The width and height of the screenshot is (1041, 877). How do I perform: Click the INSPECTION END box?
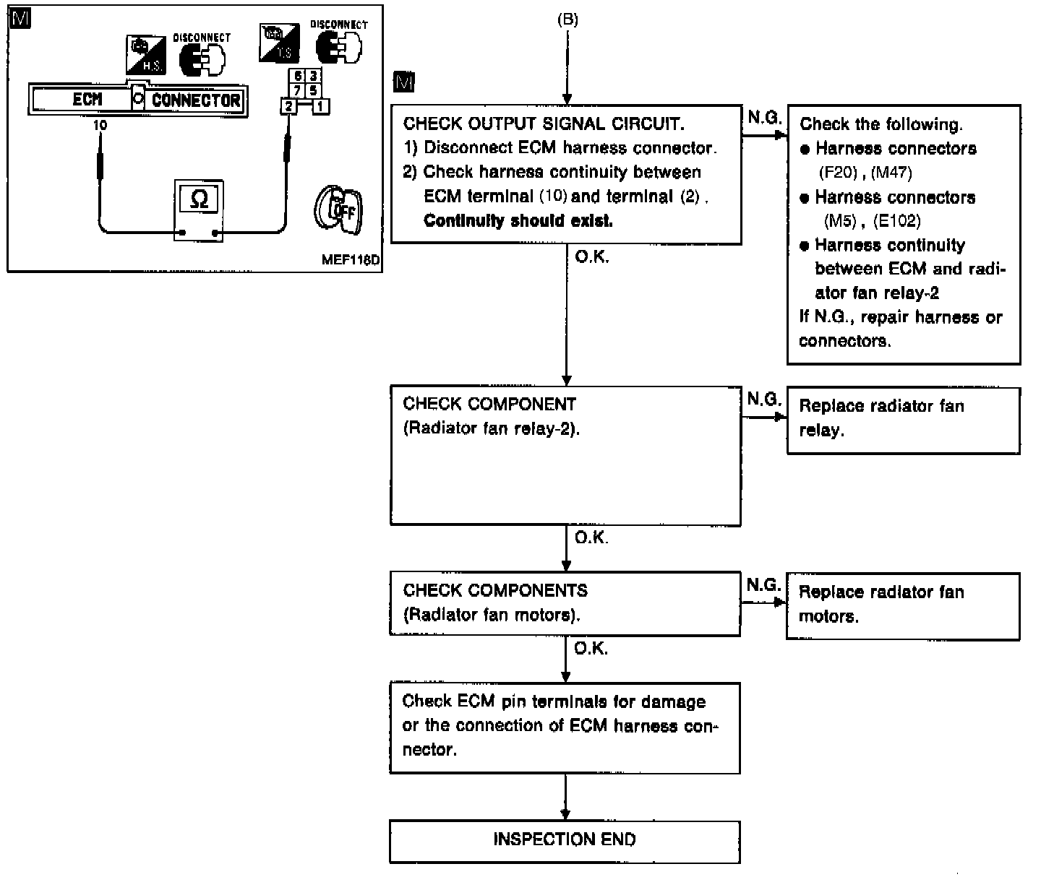coord(565,840)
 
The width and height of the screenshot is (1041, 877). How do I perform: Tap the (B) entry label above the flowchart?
coord(567,20)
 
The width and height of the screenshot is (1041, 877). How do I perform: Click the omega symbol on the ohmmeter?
coord(198,200)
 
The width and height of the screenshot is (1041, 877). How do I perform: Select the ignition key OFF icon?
coord(338,210)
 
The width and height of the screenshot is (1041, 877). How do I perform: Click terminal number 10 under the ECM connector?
coord(100,125)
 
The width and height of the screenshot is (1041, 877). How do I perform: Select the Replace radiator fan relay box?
coord(902,419)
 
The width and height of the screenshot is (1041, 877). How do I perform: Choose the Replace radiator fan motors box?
coord(902,605)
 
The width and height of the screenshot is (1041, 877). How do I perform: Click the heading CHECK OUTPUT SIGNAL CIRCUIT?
coord(542,124)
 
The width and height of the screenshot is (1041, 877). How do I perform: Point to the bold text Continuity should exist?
coord(518,221)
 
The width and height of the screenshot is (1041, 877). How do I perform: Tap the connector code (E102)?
coord(896,220)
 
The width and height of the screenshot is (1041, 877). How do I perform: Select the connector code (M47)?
coord(891,173)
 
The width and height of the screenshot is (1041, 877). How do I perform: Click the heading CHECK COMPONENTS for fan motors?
coord(495,591)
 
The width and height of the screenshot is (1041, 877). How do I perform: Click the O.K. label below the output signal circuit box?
coord(592,256)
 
